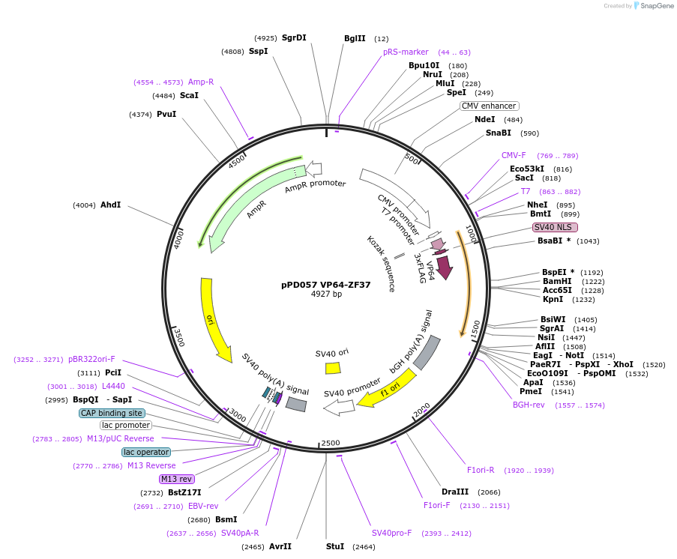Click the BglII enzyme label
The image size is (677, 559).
355,38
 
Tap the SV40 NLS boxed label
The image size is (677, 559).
555,227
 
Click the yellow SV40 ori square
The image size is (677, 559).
333,368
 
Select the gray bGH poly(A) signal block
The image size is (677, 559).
427,352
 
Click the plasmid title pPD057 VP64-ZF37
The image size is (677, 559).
326,285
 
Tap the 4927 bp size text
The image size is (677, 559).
326,294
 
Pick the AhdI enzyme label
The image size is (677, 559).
110,205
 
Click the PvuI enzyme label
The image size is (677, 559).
166,114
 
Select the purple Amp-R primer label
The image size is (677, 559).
201,82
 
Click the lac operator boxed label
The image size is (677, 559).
146,452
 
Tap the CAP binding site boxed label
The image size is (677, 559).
112,413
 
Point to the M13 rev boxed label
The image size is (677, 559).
176,479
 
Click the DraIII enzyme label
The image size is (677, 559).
455,492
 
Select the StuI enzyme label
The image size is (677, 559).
335,546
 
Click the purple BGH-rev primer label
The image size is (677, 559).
529,405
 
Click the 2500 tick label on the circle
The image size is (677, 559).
331,443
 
